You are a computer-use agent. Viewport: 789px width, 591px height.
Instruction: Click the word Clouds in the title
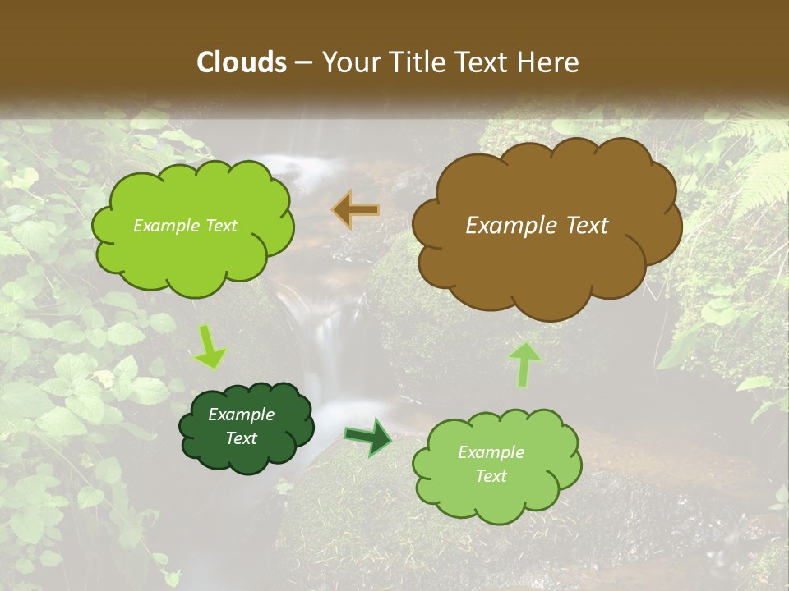242,62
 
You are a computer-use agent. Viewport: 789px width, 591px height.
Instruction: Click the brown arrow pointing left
356,210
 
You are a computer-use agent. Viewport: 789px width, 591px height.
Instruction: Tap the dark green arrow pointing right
368,436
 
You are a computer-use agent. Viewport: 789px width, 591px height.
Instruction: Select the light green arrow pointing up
524,364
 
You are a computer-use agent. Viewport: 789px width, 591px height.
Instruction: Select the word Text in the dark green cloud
242,438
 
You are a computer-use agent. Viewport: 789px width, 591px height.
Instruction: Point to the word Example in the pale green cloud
491,452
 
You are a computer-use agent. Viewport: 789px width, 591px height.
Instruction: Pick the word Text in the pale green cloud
491,476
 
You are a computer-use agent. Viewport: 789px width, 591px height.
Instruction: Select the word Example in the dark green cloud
242,415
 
